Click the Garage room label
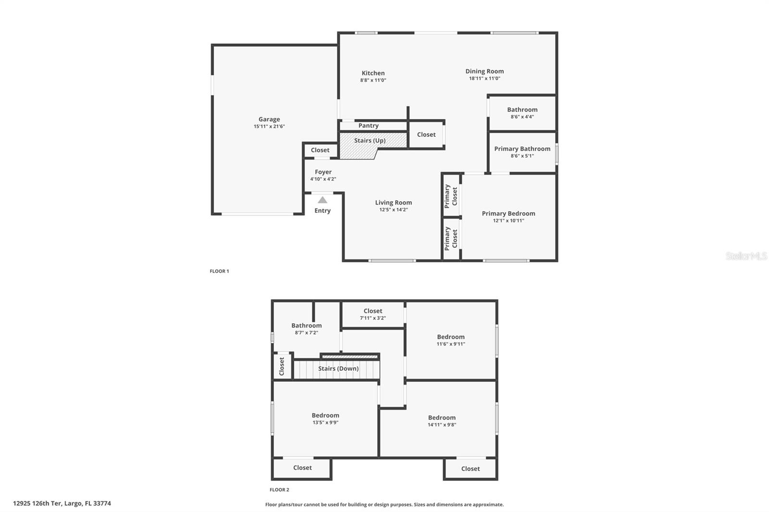tap(269, 119)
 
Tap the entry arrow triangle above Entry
tap(322, 200)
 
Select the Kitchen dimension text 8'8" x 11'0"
tap(373, 80)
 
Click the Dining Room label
tap(484, 71)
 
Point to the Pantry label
tap(368, 125)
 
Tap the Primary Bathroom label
tap(522, 148)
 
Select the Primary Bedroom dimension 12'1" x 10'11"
tap(508, 220)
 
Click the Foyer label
tap(323, 172)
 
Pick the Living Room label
tap(393, 202)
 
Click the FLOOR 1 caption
tap(219, 271)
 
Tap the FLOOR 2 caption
tap(279, 489)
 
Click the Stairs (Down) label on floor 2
tap(338, 368)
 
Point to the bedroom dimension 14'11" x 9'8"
tap(442, 425)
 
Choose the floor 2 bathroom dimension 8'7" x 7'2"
tap(306, 332)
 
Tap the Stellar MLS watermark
tap(746, 256)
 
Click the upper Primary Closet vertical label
tap(451, 195)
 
